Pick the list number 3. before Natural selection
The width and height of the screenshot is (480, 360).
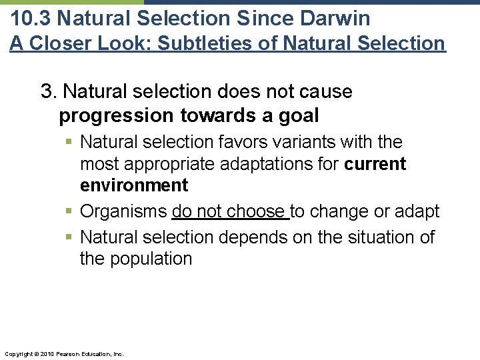pyautogui.click(x=49, y=91)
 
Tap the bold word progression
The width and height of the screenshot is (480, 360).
pyautogui.click(x=117, y=115)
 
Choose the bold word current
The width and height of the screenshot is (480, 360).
pyautogui.click(x=375, y=163)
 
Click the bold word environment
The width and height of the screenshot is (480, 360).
pyautogui.click(x=134, y=185)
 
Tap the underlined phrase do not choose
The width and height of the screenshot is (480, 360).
pyautogui.click(x=229, y=211)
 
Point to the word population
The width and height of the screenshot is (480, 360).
pyautogui.click(x=151, y=258)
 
